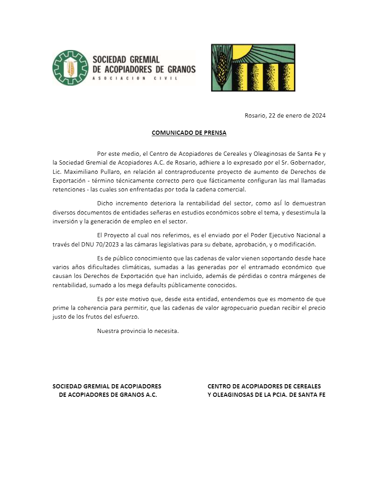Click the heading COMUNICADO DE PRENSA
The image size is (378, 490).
[189, 133]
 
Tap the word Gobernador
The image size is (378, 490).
[306, 162]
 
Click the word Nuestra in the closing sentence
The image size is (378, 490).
[108, 330]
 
